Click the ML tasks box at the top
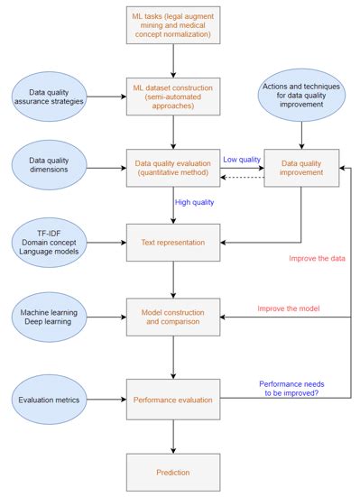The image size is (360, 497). [173, 27]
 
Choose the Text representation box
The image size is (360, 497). [173, 242]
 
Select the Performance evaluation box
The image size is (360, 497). [173, 397]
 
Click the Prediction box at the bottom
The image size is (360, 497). [173, 471]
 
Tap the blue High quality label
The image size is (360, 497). [194, 202]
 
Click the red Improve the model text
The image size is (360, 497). [289, 308]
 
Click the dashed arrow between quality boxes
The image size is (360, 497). [241, 177]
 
